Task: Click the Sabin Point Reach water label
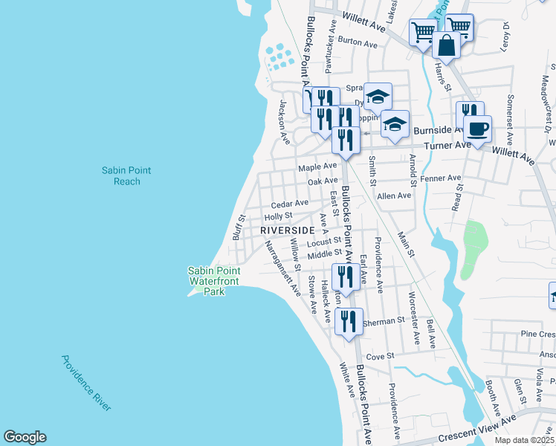coord(126,176)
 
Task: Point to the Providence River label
coord(86,383)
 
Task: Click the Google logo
coord(25,437)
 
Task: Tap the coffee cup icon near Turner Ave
coord(477,129)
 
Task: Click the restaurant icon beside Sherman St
coord(349,322)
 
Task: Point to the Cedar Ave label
coord(289,204)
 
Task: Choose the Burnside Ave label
coord(435,130)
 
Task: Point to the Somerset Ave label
coord(511,119)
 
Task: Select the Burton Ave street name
coord(358,42)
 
